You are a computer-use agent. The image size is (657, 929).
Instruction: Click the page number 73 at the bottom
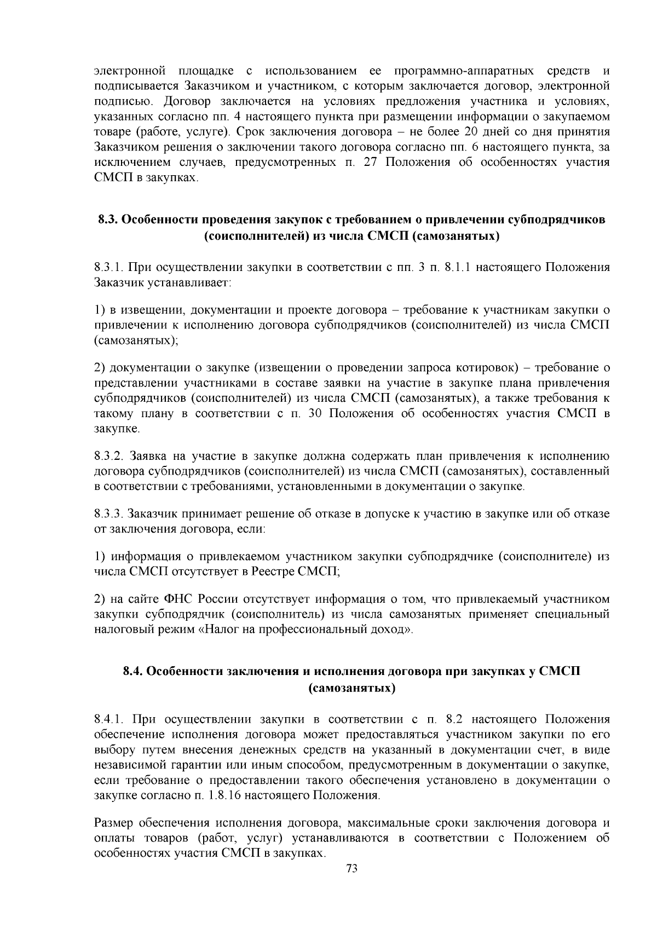click(352, 869)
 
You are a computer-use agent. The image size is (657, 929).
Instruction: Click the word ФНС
click(176, 599)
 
